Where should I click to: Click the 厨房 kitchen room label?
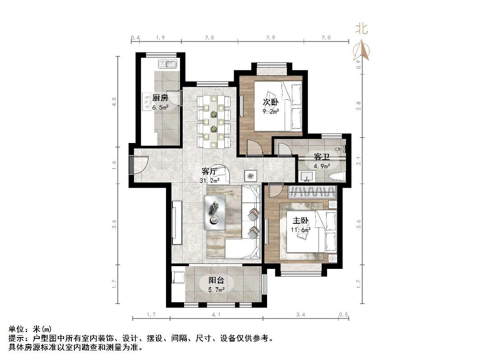(160, 98)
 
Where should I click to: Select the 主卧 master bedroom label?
(301, 221)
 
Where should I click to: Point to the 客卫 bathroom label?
(322, 157)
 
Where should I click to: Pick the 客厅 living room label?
(210, 171)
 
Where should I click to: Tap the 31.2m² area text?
(210, 180)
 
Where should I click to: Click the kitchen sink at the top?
(171, 65)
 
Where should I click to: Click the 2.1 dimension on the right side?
(358, 161)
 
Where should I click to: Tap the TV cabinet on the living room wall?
(177, 223)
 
